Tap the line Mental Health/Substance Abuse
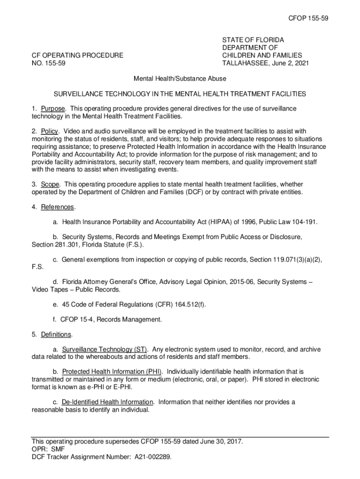pos(180,79)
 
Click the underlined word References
pos(58,207)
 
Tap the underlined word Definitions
pos(56,334)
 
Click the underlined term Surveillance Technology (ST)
pos(105,349)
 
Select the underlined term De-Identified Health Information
pos(107,402)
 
